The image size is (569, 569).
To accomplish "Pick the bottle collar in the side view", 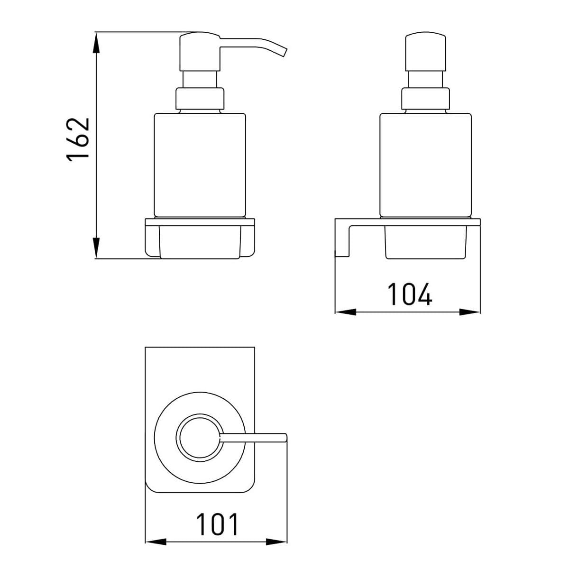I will point(200,99).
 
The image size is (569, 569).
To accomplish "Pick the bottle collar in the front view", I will point(425,99).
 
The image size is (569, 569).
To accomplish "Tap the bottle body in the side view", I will point(200,164).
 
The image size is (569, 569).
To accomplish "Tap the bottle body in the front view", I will point(426,164).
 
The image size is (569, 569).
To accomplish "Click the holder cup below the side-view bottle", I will point(200,239).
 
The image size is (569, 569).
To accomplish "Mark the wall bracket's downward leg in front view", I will point(342,239).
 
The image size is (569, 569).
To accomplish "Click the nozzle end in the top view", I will point(284,438).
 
